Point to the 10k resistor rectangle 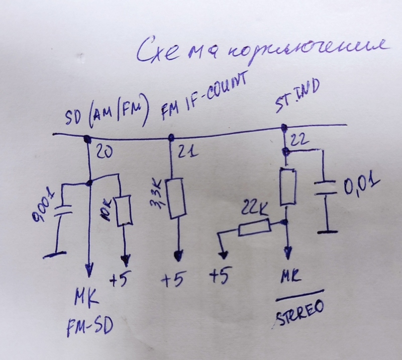[x=124, y=210]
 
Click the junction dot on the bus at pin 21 [x=171, y=137]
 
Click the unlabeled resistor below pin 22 [x=287, y=187]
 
